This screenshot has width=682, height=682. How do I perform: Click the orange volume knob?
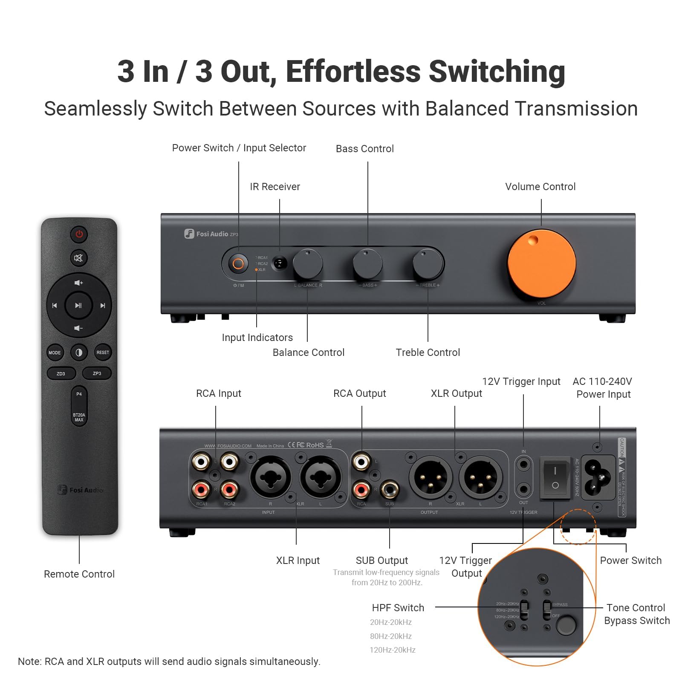(541, 264)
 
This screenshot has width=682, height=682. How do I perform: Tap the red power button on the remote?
(79, 234)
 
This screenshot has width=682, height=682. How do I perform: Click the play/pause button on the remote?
(78, 305)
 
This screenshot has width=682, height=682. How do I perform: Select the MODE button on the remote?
(55, 353)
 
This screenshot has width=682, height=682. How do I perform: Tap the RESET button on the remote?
(103, 353)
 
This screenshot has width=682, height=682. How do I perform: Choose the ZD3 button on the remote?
(61, 373)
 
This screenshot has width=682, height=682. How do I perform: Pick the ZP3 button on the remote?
(97, 373)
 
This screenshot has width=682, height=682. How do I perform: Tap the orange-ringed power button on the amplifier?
(238, 264)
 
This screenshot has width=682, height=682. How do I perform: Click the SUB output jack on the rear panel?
(389, 489)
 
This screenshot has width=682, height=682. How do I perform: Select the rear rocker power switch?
(555, 478)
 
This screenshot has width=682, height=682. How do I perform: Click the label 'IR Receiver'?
(275, 187)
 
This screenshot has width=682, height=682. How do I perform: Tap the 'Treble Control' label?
(428, 353)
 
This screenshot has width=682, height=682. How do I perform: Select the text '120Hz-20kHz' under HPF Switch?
(393, 650)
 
